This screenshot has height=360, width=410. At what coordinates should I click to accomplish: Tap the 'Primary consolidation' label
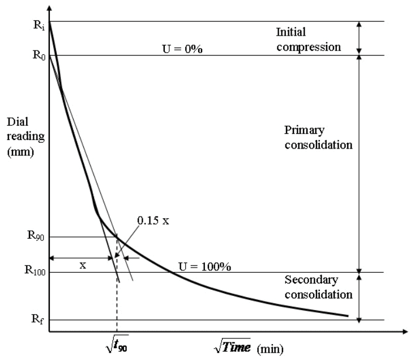click(318, 137)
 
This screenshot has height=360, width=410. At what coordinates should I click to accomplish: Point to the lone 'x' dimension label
click(83, 265)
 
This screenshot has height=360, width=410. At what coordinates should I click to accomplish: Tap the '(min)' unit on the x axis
click(270, 347)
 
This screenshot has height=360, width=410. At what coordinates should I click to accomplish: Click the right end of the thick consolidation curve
click(347, 315)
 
